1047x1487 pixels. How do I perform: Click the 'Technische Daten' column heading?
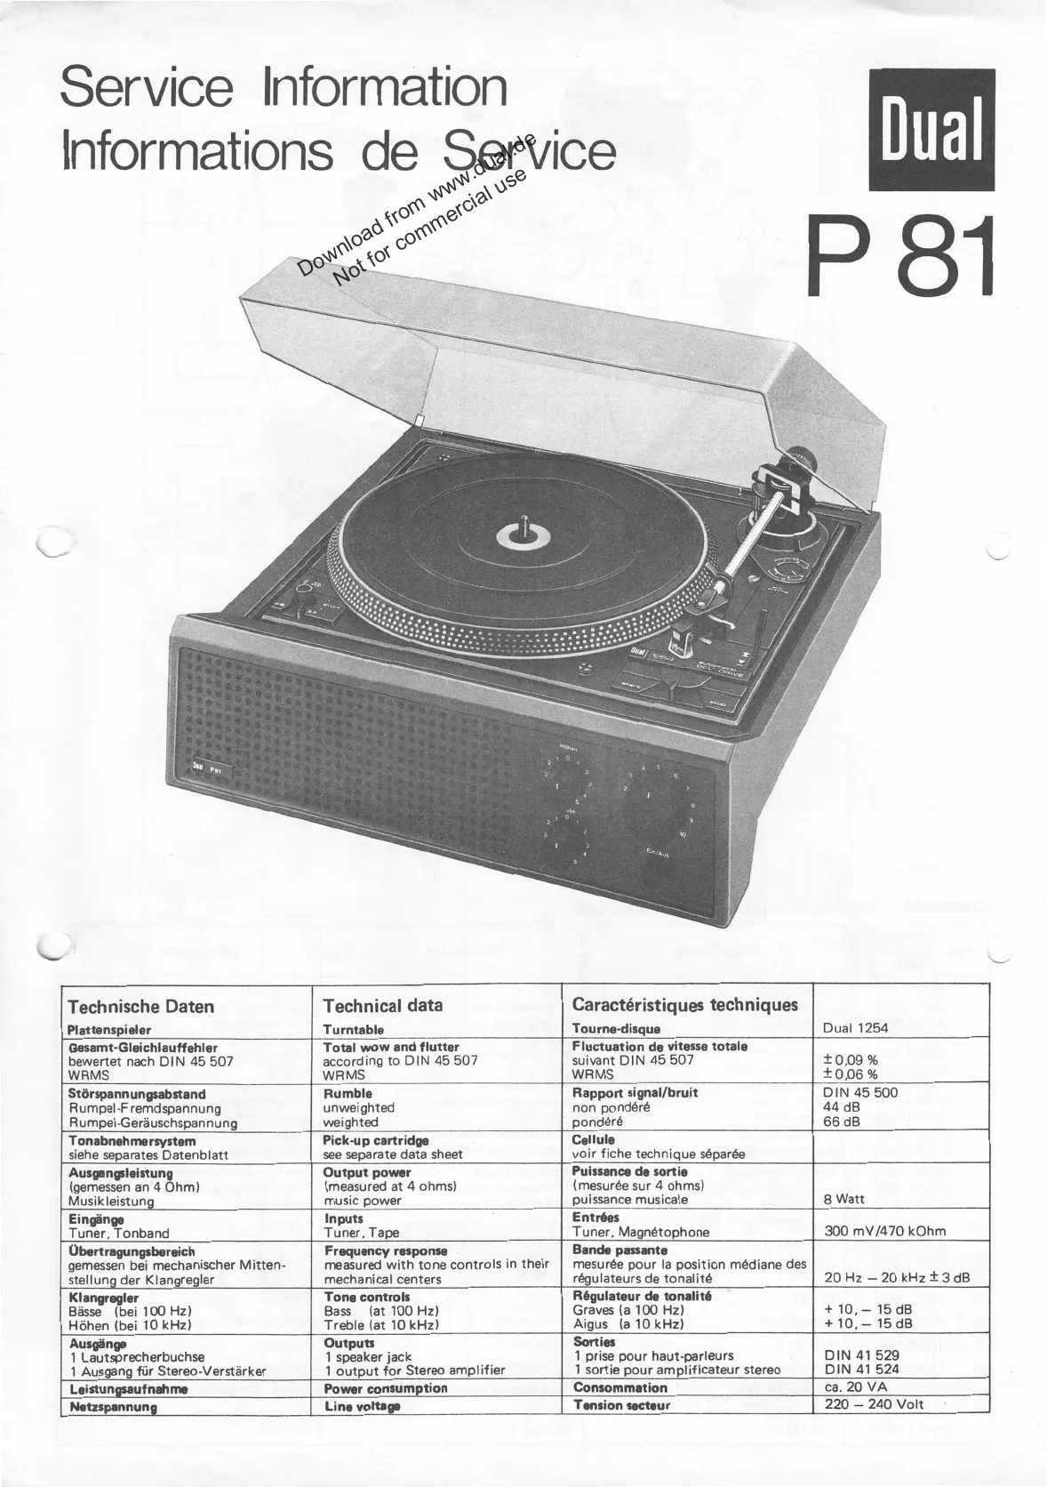140,1006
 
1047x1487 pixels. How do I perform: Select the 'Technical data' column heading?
383,1006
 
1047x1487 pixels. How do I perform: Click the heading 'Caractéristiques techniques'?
685,1005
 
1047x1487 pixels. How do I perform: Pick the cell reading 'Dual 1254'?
855,1028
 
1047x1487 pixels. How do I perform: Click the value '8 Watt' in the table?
844,1199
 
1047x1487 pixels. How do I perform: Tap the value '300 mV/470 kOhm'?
885,1232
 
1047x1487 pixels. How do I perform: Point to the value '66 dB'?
842,1122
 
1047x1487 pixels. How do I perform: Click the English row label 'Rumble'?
348,1093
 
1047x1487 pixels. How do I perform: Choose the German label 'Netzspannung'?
113,1407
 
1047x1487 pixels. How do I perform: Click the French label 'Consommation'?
619,1387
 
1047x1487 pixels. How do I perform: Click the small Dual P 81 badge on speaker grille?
205,769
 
